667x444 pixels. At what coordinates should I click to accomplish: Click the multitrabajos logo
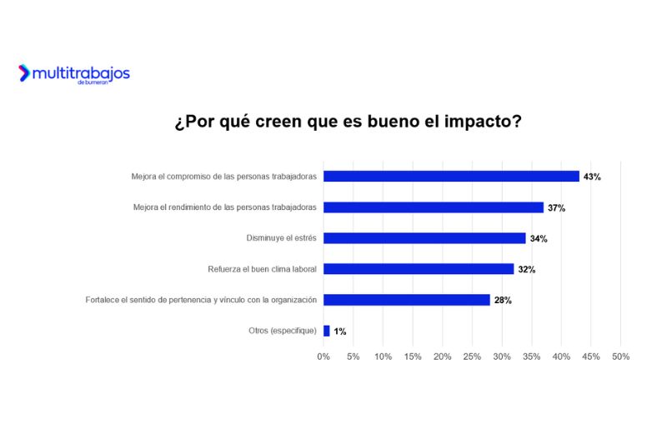(74, 74)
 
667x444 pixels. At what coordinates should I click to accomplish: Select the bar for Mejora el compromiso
(451, 177)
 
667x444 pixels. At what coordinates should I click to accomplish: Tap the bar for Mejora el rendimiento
(433, 207)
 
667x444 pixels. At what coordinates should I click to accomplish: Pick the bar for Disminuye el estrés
(424, 238)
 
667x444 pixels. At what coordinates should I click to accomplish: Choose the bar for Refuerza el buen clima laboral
(419, 269)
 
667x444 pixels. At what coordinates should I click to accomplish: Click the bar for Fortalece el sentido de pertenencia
(406, 300)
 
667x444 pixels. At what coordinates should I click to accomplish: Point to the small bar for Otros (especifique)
(326, 331)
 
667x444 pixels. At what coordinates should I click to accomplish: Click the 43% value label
(592, 177)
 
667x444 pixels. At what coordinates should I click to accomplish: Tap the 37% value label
(556, 207)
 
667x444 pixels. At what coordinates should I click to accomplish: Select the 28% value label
(503, 300)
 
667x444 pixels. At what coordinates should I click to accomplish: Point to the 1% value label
(340, 331)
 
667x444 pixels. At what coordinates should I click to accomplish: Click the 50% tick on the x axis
(620, 357)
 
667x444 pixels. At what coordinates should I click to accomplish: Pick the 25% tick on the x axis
(472, 357)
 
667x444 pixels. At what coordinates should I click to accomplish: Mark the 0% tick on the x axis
(323, 357)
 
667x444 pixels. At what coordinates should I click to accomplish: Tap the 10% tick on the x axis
(383, 357)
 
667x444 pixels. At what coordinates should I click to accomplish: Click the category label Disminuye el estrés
(282, 238)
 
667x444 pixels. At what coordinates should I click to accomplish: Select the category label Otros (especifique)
(283, 331)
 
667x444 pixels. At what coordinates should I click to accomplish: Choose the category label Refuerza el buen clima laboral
(262, 269)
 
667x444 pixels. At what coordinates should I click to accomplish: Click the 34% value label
(539, 238)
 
